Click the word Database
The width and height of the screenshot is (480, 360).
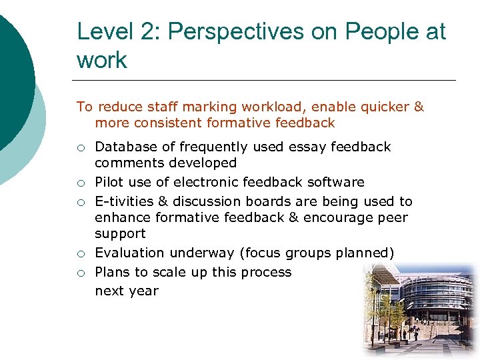pyautogui.click(x=125, y=147)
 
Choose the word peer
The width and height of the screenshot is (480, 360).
pyautogui.click(x=392, y=217)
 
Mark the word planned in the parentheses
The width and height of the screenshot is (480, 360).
pyautogui.click(x=365, y=253)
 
